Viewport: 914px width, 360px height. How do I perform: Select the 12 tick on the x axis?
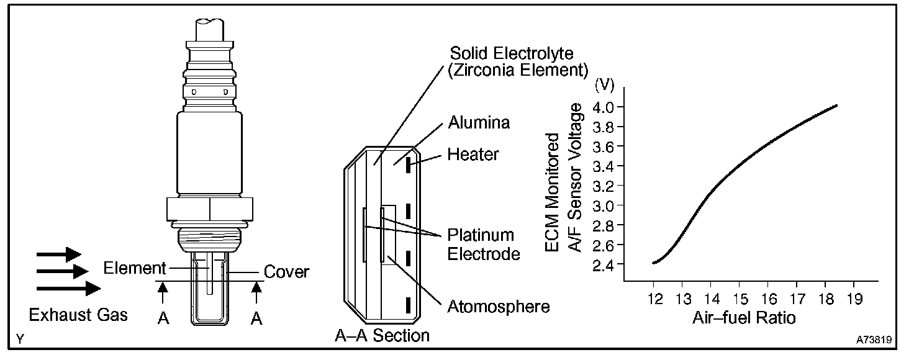pos(654,299)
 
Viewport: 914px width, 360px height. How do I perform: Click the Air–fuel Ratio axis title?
pos(743,318)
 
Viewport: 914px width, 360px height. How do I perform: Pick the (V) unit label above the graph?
pos(605,85)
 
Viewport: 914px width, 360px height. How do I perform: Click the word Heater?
pos(473,154)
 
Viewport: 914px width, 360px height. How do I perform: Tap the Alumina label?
pos(479,122)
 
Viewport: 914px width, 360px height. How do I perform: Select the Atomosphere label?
pos(499,306)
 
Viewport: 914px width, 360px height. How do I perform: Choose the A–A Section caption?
pos(382,336)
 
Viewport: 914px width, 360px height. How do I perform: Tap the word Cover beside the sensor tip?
pos(286,272)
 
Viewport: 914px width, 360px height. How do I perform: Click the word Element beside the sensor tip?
pos(135,269)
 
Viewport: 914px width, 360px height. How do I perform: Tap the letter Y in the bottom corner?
pos(21,340)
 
